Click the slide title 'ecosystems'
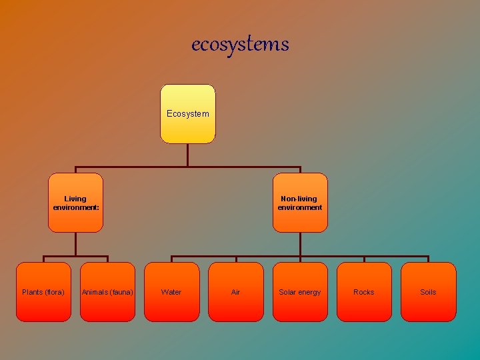coord(240,45)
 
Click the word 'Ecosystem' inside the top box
coord(188,114)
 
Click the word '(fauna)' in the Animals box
coord(121,293)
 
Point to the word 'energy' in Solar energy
coord(309,293)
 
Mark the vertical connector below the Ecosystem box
coord(188,155)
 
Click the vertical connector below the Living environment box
coord(76,244)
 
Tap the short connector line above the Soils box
coord(428,259)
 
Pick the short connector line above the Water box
coord(171,259)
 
